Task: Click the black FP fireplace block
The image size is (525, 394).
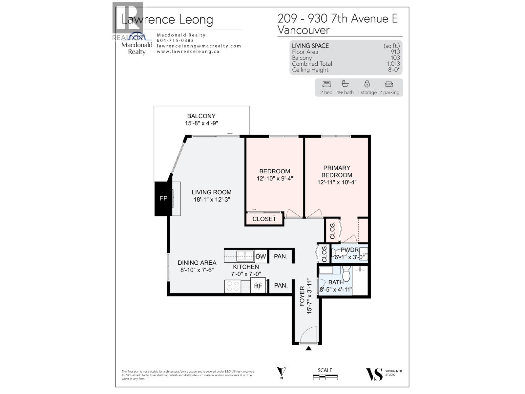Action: coord(163,198)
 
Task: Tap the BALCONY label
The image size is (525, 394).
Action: coord(201,116)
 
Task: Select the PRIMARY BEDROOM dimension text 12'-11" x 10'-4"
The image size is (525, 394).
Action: coord(337,182)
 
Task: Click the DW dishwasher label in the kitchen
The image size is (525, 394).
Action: coord(261,256)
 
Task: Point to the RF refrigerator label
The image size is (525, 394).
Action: coord(258,286)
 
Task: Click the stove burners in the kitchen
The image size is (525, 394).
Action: coord(232,286)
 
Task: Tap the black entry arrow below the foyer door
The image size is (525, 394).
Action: coord(308,348)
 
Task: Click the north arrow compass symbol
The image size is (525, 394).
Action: coord(282,372)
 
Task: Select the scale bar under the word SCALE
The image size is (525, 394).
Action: coord(325,376)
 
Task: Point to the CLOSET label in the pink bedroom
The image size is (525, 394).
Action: coord(264,219)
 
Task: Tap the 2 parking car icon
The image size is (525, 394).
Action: coord(389,84)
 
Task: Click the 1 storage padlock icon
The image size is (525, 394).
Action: coord(367,84)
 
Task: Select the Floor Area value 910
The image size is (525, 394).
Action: coord(395,52)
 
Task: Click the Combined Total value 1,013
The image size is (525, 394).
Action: coord(393,64)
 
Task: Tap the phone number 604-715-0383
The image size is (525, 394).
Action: coord(175,40)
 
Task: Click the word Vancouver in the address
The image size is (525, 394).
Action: coord(304,30)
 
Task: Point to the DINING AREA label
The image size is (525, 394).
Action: coord(197,263)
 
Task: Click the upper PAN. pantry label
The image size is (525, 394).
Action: coord(281,256)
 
